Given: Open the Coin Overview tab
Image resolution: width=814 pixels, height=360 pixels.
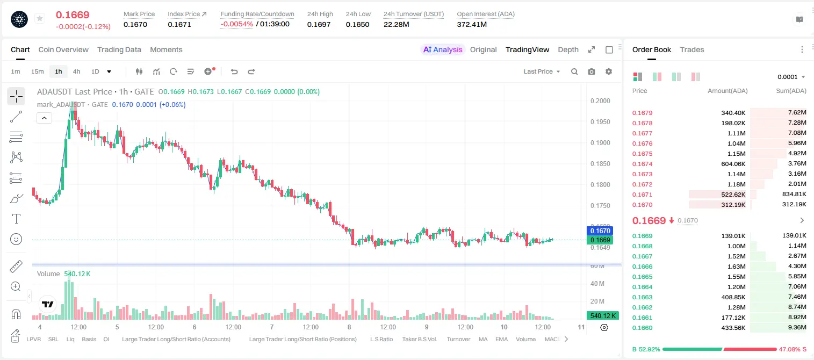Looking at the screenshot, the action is coord(63,49).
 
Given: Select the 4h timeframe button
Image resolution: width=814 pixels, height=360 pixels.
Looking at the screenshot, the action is coord(76,71).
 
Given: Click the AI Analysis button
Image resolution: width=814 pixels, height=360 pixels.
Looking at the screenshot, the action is coord(443,49).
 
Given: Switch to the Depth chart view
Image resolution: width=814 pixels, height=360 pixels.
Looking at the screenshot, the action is coord(568,49).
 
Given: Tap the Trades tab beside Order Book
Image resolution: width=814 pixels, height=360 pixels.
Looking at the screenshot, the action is coord(692,49).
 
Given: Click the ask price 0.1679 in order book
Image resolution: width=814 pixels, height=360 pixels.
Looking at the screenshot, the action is coord(642,113).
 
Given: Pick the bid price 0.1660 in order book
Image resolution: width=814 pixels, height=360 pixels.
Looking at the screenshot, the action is coord(642,328).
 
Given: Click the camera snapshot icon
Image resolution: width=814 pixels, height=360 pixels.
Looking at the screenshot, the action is coord(592,71).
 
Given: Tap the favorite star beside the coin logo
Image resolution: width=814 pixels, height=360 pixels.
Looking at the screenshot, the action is coord(40,18).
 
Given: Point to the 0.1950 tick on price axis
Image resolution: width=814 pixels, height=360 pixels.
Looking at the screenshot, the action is coord(600,121).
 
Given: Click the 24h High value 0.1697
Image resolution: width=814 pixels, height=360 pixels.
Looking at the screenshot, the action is coord(319,24).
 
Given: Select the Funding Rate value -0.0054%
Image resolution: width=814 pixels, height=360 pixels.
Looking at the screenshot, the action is coord(236,24).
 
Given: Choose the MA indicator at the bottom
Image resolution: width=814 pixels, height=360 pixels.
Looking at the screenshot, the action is coord(483,339).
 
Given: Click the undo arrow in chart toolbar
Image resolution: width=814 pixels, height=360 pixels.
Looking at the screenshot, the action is coord(234,71).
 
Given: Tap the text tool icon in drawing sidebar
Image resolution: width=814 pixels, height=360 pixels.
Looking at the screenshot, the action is coord(16,219).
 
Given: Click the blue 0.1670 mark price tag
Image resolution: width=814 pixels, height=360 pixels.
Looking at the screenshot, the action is coord(600,231).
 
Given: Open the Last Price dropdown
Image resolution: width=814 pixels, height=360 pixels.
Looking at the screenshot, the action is coord(542,71).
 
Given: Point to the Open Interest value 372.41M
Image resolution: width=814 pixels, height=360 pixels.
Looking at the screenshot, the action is coord(472,24).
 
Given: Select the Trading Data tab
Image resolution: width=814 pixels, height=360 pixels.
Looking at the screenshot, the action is coord(119,49).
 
